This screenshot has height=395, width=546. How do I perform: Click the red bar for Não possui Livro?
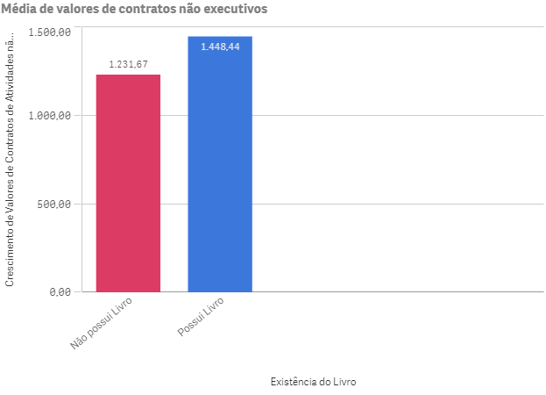pyautogui.click(x=128, y=184)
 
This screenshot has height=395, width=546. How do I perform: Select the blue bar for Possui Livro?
pyautogui.click(x=220, y=167)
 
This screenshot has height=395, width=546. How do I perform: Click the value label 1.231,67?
pyautogui.click(x=128, y=64)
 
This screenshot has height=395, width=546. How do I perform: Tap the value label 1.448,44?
pyautogui.click(x=220, y=47)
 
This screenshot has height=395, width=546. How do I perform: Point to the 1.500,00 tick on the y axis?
pyautogui.click(x=49, y=32)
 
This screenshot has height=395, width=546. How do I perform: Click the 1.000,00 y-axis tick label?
pyautogui.click(x=49, y=116)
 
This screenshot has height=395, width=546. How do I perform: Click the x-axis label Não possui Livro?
pyautogui.click(x=103, y=323)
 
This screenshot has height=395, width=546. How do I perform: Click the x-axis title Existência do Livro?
pyautogui.click(x=314, y=382)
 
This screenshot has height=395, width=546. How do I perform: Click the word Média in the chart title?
pyautogui.click(x=21, y=9)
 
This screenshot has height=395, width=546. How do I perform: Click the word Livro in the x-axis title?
pyautogui.click(x=344, y=382)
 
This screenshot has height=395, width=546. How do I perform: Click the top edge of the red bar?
pyautogui.click(x=128, y=75)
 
